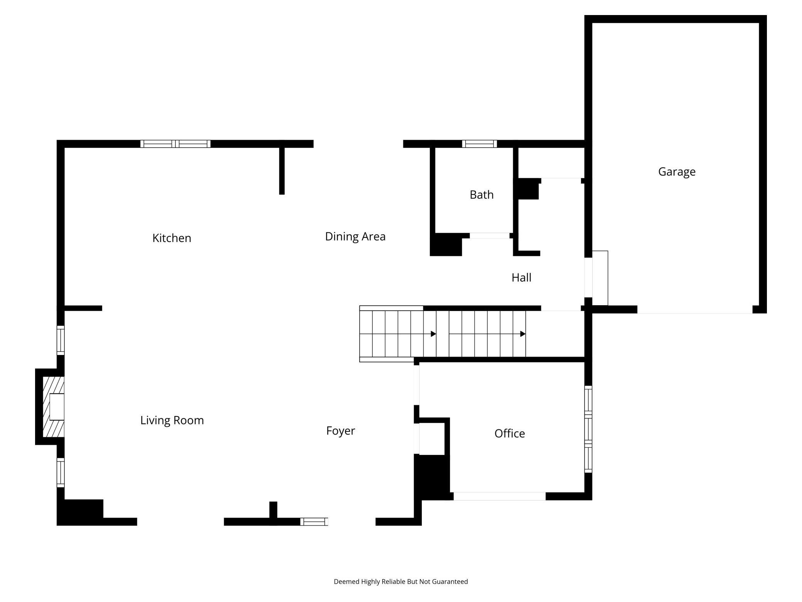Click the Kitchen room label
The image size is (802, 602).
[172, 238]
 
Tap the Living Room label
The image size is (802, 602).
[172, 420]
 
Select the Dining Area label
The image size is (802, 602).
[355, 237]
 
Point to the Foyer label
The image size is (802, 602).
[340, 431]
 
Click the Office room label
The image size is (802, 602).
[509, 433]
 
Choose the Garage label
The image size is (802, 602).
[677, 172]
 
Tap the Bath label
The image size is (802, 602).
[482, 195]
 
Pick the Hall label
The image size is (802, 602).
[521, 277]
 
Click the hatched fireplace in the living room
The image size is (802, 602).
[53, 407]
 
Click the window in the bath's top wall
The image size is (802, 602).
[479, 144]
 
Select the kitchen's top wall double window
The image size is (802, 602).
[175, 144]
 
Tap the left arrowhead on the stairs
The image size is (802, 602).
[433, 334]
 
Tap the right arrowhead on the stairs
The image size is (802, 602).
[523, 334]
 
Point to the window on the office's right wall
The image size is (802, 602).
[588, 429]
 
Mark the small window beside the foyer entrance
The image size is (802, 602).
[314, 522]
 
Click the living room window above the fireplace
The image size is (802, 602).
[61, 340]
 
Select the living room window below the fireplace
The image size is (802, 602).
[61, 473]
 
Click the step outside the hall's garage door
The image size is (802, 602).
[600, 278]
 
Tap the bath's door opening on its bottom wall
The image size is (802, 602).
[490, 236]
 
